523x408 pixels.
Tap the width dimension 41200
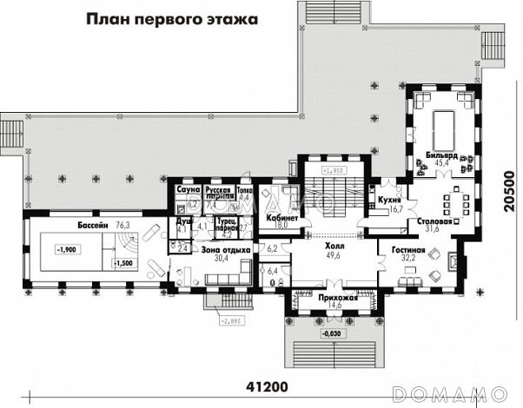click(x=268, y=386)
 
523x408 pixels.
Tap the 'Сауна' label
click(x=189, y=188)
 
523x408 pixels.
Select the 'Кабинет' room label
click(x=282, y=217)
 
